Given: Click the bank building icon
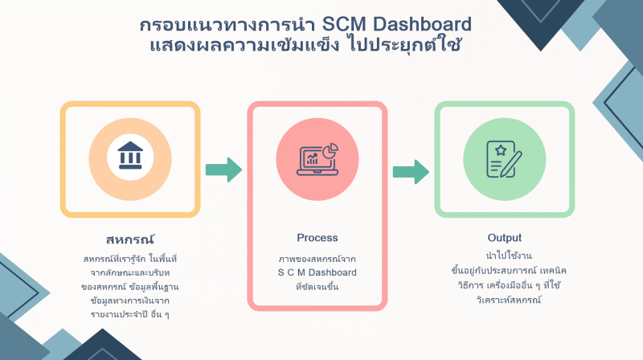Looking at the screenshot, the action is pyautogui.click(x=130, y=155).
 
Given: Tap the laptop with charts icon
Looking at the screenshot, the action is pyautogui.click(x=317, y=159).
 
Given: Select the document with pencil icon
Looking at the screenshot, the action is pyautogui.click(x=504, y=159).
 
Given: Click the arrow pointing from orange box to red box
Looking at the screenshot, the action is pyautogui.click(x=223, y=170).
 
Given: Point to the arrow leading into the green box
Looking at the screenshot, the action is pyautogui.click(x=411, y=171).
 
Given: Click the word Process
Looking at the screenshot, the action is pyautogui.click(x=317, y=238).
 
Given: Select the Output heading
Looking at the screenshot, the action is pyautogui.click(x=505, y=238).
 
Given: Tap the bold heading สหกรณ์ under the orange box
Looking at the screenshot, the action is pyautogui.click(x=130, y=239).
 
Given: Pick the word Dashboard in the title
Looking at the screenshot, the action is pyautogui.click(x=423, y=24).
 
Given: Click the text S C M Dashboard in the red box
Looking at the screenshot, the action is pyautogui.click(x=317, y=272).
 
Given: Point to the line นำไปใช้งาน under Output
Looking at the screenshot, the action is pyautogui.click(x=509, y=256).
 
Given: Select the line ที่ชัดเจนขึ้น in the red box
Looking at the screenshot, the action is pyautogui.click(x=317, y=287).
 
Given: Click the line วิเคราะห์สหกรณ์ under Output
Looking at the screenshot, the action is pyautogui.click(x=509, y=299).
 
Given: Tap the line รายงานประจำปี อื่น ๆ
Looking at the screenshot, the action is pyautogui.click(x=130, y=314).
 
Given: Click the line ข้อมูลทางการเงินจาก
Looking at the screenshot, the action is pyautogui.click(x=130, y=301).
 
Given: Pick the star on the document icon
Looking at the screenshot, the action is pyautogui.click(x=501, y=150).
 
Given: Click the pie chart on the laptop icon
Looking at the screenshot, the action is pyautogui.click(x=330, y=150).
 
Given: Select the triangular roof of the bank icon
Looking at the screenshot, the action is pyautogui.click(x=130, y=146).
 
